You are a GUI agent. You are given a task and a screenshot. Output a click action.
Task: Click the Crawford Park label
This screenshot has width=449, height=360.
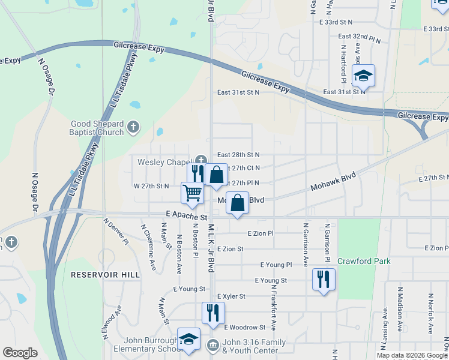tap(364, 261)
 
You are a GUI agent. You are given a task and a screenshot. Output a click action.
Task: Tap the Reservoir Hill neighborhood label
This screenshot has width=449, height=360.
tap(105, 275)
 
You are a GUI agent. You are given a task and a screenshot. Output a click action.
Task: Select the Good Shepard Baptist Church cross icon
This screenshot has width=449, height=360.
tap(133, 127)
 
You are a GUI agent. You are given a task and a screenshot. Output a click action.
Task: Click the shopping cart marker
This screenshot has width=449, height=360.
tap(192, 193)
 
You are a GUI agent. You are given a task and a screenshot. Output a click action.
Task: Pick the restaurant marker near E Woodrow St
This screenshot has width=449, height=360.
tap(213, 313)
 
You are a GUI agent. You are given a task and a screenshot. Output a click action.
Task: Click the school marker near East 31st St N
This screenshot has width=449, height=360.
tap(363, 76)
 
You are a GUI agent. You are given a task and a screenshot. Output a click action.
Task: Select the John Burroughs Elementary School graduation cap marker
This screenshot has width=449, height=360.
tap(188, 339)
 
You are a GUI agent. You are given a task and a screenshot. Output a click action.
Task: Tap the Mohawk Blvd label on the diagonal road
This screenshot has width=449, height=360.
tap(333, 181)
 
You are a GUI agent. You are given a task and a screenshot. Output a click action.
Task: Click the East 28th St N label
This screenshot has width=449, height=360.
tap(238, 155)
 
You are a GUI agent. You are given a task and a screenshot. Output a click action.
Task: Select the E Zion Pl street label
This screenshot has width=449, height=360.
tap(260, 233)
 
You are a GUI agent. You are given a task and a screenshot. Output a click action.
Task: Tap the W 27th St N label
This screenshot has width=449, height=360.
tap(151, 187)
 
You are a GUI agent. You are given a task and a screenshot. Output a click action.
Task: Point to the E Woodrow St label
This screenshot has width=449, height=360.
tap(244, 327)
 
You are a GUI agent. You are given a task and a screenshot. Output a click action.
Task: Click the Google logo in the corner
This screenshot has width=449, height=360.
tap(20, 353)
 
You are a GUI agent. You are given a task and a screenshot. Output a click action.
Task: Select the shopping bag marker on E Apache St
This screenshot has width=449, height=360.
tap(238, 203)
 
